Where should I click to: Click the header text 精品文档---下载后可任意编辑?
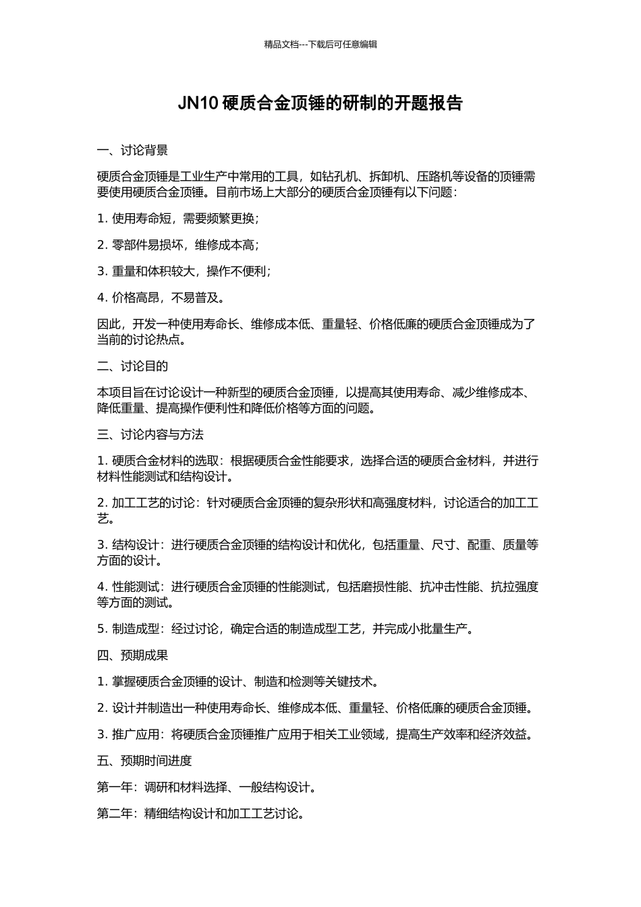[320, 45]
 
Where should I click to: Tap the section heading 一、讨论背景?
[132, 150]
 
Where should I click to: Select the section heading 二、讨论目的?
[132, 366]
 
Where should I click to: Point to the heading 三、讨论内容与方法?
[150, 435]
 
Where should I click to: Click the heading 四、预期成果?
[132, 655]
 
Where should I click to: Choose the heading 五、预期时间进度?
[144, 761]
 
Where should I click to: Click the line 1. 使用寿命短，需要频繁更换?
[178, 219]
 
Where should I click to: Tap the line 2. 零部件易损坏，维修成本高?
[178, 245]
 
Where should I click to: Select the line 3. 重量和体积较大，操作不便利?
[184, 271]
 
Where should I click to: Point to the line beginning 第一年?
[206, 788]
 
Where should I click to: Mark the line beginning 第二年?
[200, 814]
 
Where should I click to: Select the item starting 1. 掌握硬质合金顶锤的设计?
[238, 682]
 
